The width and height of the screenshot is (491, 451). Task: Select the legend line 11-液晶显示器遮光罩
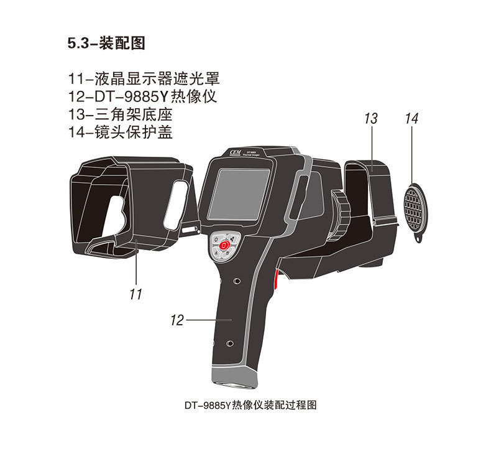[x=145, y=79]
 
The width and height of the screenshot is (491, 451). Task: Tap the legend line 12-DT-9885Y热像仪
[x=145, y=96]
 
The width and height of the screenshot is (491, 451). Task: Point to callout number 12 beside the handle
[x=177, y=320]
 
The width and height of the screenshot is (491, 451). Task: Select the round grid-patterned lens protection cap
[x=415, y=207]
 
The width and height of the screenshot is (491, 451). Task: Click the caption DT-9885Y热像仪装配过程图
[x=251, y=405]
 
